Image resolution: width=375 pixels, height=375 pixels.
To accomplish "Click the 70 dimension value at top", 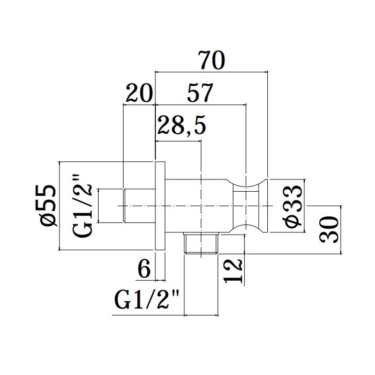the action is [212, 60].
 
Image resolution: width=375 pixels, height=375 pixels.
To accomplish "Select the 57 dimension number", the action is [200, 93].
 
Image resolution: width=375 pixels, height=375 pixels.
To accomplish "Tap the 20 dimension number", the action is [139, 93].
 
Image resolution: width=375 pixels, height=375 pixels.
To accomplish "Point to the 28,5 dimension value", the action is [181, 125].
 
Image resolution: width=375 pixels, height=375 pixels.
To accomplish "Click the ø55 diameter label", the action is [48, 205].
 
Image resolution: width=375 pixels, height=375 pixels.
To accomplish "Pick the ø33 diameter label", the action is [294, 206].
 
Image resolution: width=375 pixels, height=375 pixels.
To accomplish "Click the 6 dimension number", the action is [144, 268].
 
